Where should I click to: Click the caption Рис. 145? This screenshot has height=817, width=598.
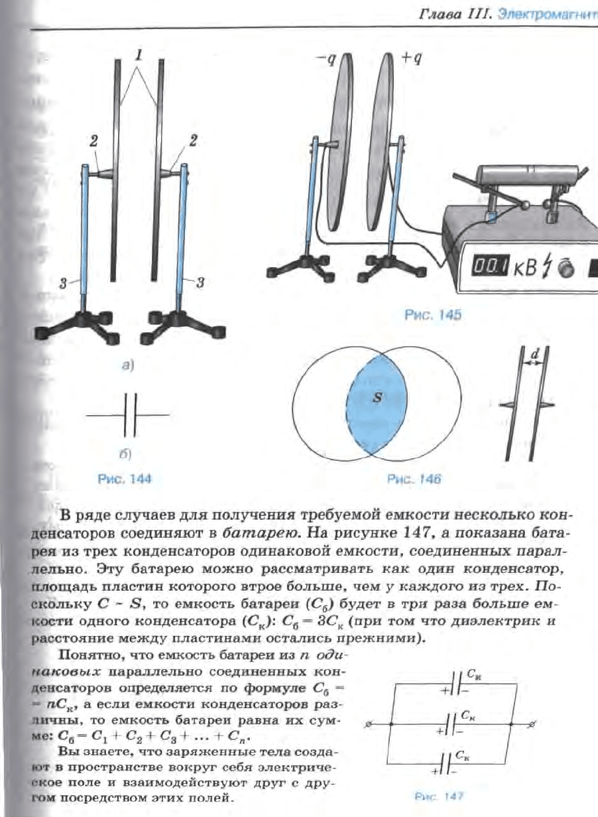432,316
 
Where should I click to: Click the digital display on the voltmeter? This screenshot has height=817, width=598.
489,267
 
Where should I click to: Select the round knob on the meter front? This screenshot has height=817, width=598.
566,269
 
